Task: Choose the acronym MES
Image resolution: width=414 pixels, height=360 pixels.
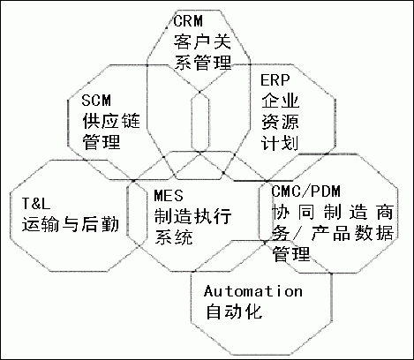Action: tap(167, 195)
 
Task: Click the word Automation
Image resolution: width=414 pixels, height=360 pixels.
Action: tap(252, 291)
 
